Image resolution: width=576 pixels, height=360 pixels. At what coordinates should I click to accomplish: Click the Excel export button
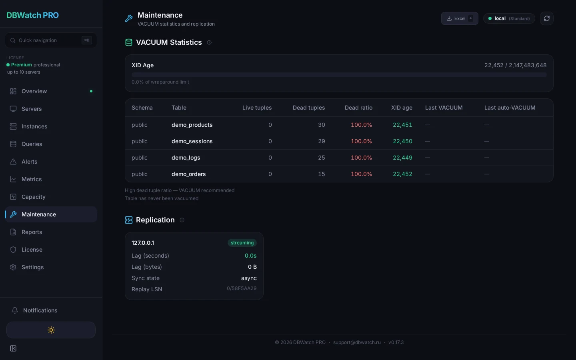[459, 18]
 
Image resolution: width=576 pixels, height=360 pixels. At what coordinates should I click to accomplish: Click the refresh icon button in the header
[546, 18]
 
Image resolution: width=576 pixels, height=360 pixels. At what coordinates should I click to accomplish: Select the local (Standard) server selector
[509, 18]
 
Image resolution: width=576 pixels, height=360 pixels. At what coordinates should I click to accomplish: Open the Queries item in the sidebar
[32, 144]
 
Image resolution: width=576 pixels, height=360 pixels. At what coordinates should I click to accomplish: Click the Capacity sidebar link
[33, 197]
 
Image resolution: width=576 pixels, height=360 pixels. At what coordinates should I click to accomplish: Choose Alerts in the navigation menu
[29, 162]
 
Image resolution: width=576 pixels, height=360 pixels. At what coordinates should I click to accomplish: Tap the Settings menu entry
[32, 267]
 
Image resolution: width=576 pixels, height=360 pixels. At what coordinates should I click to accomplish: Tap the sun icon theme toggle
[51, 330]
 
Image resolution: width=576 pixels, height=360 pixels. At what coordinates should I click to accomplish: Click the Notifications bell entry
[40, 310]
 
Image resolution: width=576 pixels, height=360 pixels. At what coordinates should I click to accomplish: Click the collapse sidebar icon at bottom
[13, 348]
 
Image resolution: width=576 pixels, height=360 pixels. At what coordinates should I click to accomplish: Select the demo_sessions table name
[192, 141]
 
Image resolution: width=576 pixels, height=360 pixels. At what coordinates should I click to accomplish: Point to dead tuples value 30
[321, 125]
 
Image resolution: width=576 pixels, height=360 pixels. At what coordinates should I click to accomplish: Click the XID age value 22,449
[402, 158]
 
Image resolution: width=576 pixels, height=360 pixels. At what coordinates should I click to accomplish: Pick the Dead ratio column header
[358, 108]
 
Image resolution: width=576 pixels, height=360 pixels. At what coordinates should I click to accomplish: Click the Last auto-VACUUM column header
[510, 108]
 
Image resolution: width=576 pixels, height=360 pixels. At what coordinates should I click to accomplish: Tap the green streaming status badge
[242, 243]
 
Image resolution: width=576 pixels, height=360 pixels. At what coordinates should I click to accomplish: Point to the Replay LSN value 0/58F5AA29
[242, 288]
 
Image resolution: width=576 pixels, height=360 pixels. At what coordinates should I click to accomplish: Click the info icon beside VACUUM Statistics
[209, 42]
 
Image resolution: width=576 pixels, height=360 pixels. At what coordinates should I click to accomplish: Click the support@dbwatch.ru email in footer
[357, 342]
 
